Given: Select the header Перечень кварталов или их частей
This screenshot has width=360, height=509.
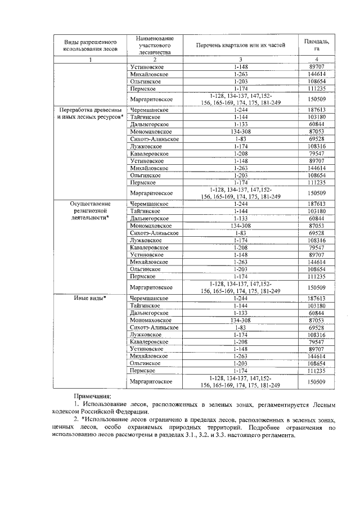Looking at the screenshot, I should [x=241, y=44].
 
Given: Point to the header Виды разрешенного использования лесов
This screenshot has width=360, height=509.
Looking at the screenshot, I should [x=86, y=45].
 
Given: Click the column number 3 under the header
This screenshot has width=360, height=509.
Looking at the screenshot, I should [x=241, y=60].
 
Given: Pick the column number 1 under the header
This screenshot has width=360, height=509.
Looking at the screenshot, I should [x=86, y=60].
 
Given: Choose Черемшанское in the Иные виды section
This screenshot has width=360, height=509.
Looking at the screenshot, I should [x=149, y=298].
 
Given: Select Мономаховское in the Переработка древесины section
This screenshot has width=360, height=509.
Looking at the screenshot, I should [x=150, y=130].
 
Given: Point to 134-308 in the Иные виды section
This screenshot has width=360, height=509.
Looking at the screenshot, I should [x=241, y=320].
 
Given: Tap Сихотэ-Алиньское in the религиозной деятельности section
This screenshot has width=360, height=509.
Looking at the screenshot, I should [x=154, y=232].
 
